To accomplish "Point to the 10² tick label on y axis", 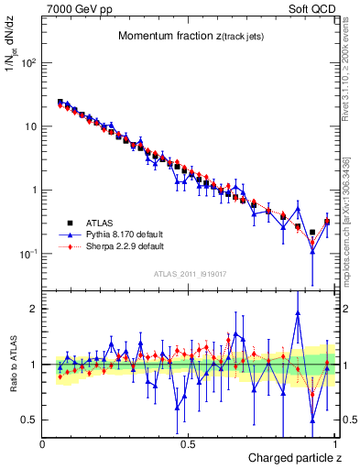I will pyautogui.click(x=27, y=63).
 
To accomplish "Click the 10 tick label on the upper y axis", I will pyautogui.click(x=29, y=126).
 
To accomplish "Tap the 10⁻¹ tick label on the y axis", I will pyautogui.click(x=27, y=254).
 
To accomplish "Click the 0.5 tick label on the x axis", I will pyautogui.click(x=188, y=443).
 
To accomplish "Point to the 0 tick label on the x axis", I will pyautogui.click(x=44, y=443).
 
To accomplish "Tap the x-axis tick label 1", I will pyautogui.click(x=335, y=443).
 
